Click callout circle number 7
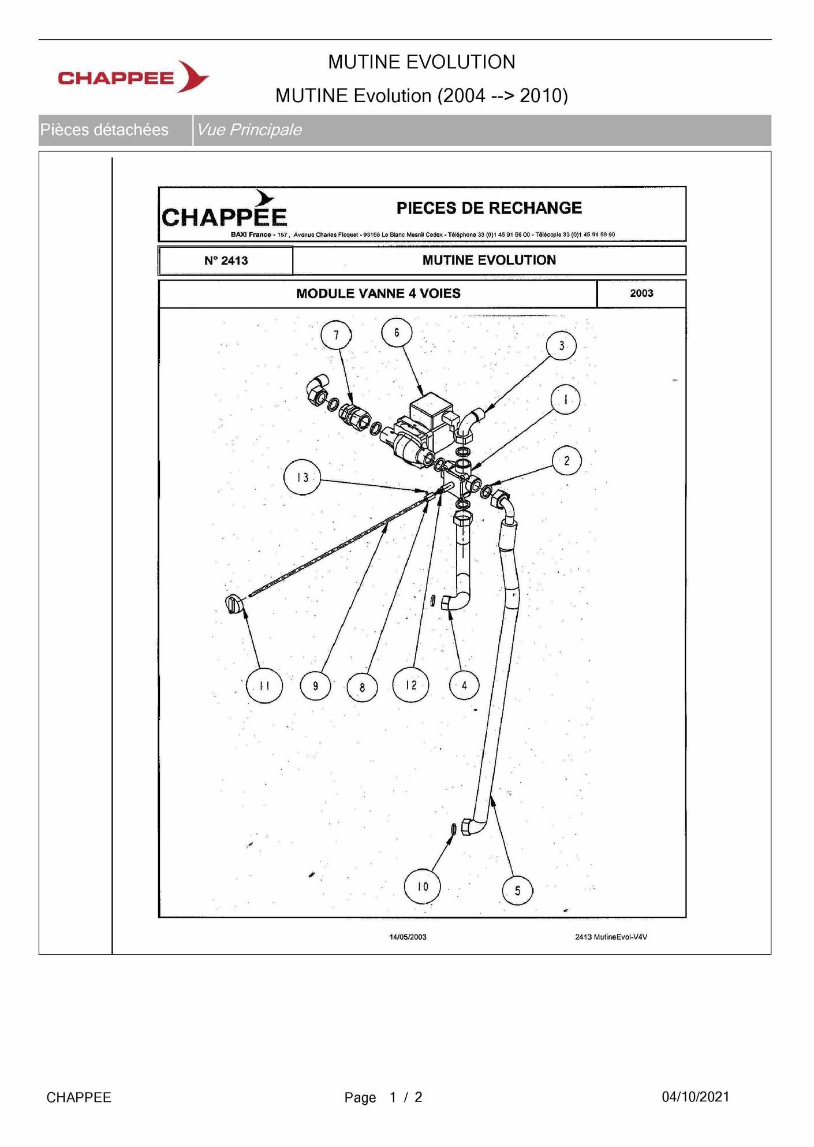point(336,334)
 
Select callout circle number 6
point(397,332)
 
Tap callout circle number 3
point(561,345)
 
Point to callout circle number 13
point(303,477)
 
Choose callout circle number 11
point(264,686)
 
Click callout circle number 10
point(423,886)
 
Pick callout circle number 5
point(517,890)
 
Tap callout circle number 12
point(411,684)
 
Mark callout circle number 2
point(566,460)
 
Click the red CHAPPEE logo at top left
point(133,77)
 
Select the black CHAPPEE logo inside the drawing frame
point(224,211)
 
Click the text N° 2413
point(226,260)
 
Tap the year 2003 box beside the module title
point(641,293)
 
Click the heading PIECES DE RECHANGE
point(489,208)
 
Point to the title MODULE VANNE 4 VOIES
point(378,293)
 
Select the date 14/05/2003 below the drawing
point(408,937)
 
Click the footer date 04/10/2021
point(696,1097)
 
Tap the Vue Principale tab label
point(249,129)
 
